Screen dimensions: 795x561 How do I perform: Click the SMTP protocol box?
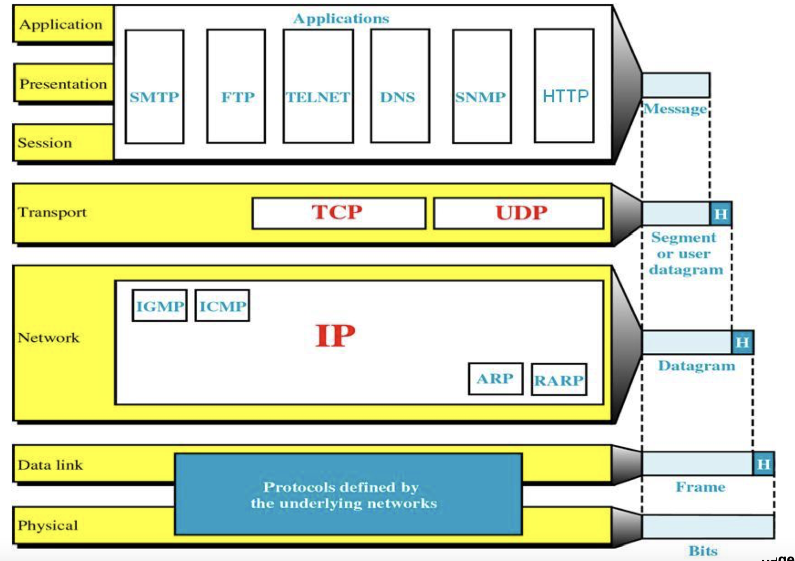pos(154,86)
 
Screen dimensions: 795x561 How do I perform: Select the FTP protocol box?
pos(236,86)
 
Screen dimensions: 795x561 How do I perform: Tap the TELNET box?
pos(319,86)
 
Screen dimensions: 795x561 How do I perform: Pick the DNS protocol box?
pos(400,86)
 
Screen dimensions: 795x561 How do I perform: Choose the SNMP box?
pos(482,86)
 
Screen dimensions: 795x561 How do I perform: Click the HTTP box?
pos(564,86)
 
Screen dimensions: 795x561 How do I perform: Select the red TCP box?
pos(339,213)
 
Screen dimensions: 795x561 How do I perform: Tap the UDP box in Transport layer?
pos(519,213)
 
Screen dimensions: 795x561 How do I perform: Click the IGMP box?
pos(160,305)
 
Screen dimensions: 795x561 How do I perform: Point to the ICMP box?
pos(222,305)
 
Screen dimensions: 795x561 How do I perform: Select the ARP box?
pos(496,379)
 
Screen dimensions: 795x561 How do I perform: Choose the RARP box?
pos(559,379)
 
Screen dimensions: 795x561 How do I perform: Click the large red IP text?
pos(335,335)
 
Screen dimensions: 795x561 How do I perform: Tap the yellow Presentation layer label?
pos(63,83)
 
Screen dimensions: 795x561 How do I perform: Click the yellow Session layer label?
pos(63,142)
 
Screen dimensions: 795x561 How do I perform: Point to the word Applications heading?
pos(341,19)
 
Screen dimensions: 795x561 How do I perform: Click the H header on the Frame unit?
pos(764,464)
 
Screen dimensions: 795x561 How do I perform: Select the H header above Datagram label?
pos(742,342)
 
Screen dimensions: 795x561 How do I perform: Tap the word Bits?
pos(703,551)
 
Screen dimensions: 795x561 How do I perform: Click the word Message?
pos(675,109)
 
